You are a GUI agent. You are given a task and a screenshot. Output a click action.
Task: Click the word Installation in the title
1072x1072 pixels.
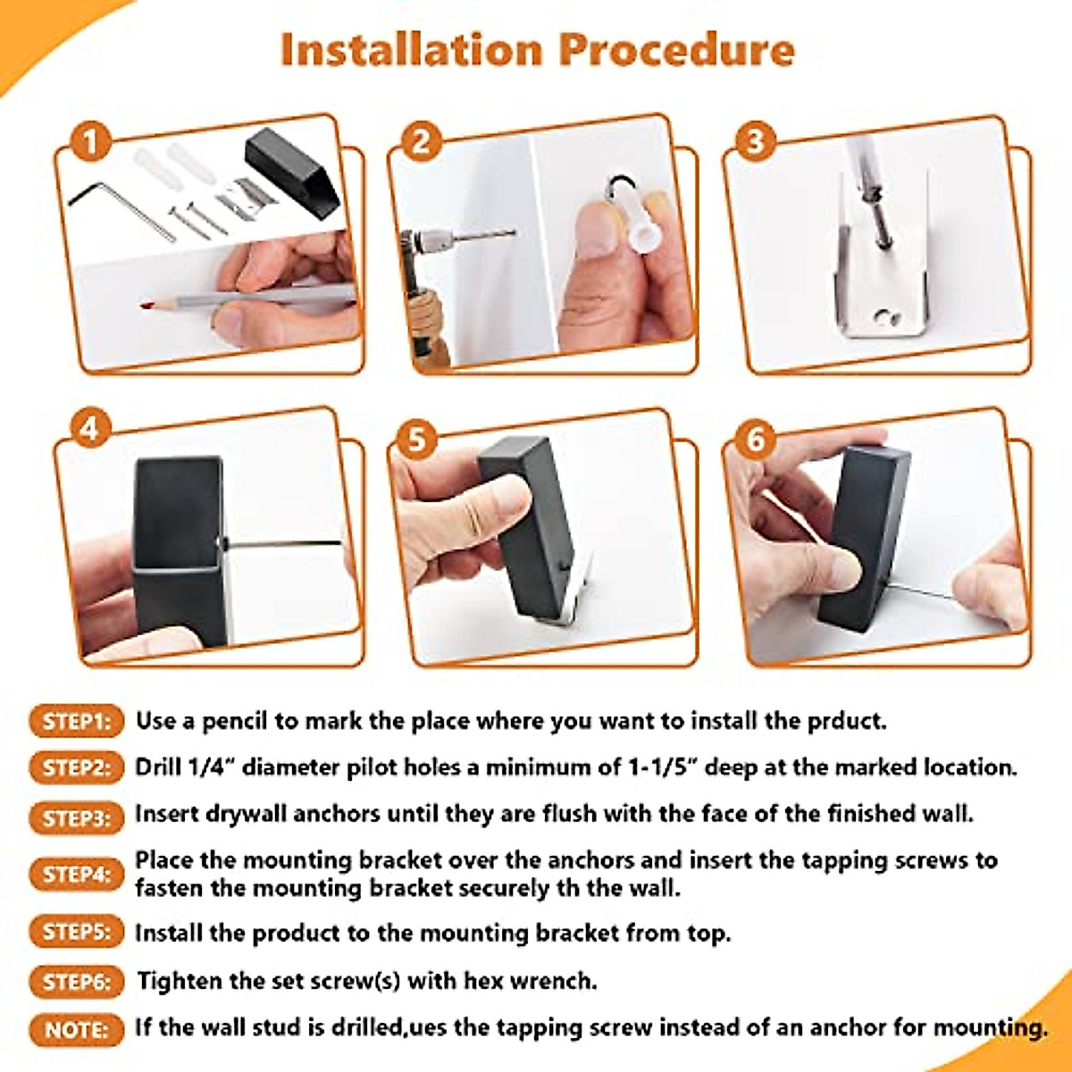[x=412, y=50]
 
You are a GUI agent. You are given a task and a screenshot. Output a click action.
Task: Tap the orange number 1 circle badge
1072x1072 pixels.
[x=91, y=141]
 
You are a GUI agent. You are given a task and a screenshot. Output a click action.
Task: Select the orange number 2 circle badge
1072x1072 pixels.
[x=421, y=141]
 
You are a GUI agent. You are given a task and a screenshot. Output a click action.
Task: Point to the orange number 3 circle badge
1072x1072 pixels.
[x=755, y=141]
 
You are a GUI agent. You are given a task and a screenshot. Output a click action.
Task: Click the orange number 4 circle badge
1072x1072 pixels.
[x=91, y=429]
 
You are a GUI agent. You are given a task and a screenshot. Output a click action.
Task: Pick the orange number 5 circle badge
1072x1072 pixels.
[x=417, y=439]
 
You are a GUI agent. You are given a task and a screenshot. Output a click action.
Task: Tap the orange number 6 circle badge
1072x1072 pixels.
[x=755, y=440]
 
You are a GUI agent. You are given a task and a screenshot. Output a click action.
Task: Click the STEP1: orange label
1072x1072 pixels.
[x=76, y=722]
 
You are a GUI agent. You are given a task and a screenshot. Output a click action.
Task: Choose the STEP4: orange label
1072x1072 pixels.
[x=76, y=875]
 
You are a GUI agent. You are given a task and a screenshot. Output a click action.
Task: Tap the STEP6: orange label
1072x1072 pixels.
[x=76, y=982]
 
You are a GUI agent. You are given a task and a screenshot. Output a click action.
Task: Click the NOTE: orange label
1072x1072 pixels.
[x=76, y=1030]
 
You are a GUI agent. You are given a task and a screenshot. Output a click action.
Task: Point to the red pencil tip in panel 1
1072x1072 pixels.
[x=146, y=305]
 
